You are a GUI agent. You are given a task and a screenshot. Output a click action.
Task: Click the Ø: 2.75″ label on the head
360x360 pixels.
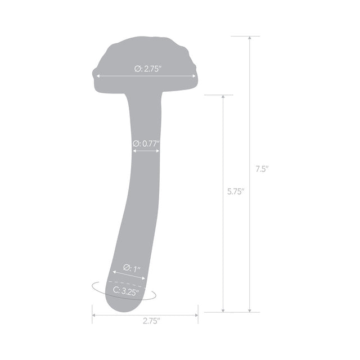pos(148,69)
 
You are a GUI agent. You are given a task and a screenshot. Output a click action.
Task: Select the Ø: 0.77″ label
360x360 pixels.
pos(146,143)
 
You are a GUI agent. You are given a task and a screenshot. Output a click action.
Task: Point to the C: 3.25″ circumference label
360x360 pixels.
pos(126,291)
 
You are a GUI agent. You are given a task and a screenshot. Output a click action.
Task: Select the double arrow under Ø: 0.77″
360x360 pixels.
pos(146,151)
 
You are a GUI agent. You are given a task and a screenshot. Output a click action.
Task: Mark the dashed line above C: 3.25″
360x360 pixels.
pos(127,283)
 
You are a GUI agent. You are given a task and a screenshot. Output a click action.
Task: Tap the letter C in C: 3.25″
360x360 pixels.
pos(115,291)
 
